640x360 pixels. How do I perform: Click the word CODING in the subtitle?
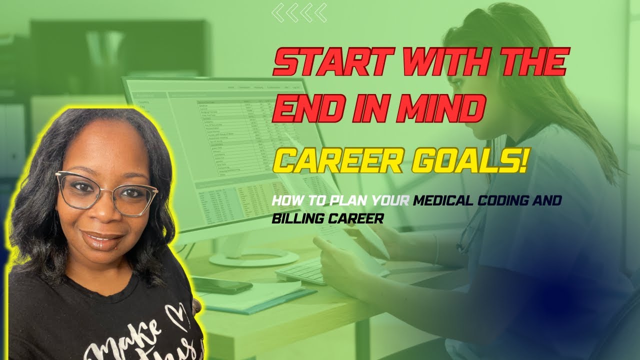tap(503, 201)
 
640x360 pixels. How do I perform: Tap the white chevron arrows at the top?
tap(299, 12)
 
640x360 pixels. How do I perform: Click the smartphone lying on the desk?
tap(222, 285)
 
